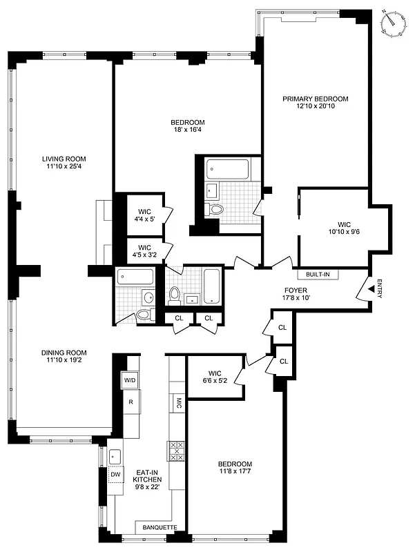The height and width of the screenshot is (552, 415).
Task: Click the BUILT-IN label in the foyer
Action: click(318, 274)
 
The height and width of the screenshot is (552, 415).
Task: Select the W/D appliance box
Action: click(130, 380)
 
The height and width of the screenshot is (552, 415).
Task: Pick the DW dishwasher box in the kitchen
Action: click(116, 475)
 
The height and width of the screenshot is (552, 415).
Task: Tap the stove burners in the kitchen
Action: click(176, 451)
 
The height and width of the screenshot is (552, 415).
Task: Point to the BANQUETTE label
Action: click(160, 528)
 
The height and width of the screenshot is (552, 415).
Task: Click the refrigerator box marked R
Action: click(130, 402)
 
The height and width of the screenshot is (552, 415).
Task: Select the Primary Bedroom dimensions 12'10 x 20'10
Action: click(315, 106)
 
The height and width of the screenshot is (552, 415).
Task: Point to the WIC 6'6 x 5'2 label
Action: click(213, 380)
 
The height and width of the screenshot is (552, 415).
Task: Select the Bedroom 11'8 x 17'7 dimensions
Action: click(235, 473)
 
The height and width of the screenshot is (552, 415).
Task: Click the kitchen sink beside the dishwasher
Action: click(115, 456)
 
